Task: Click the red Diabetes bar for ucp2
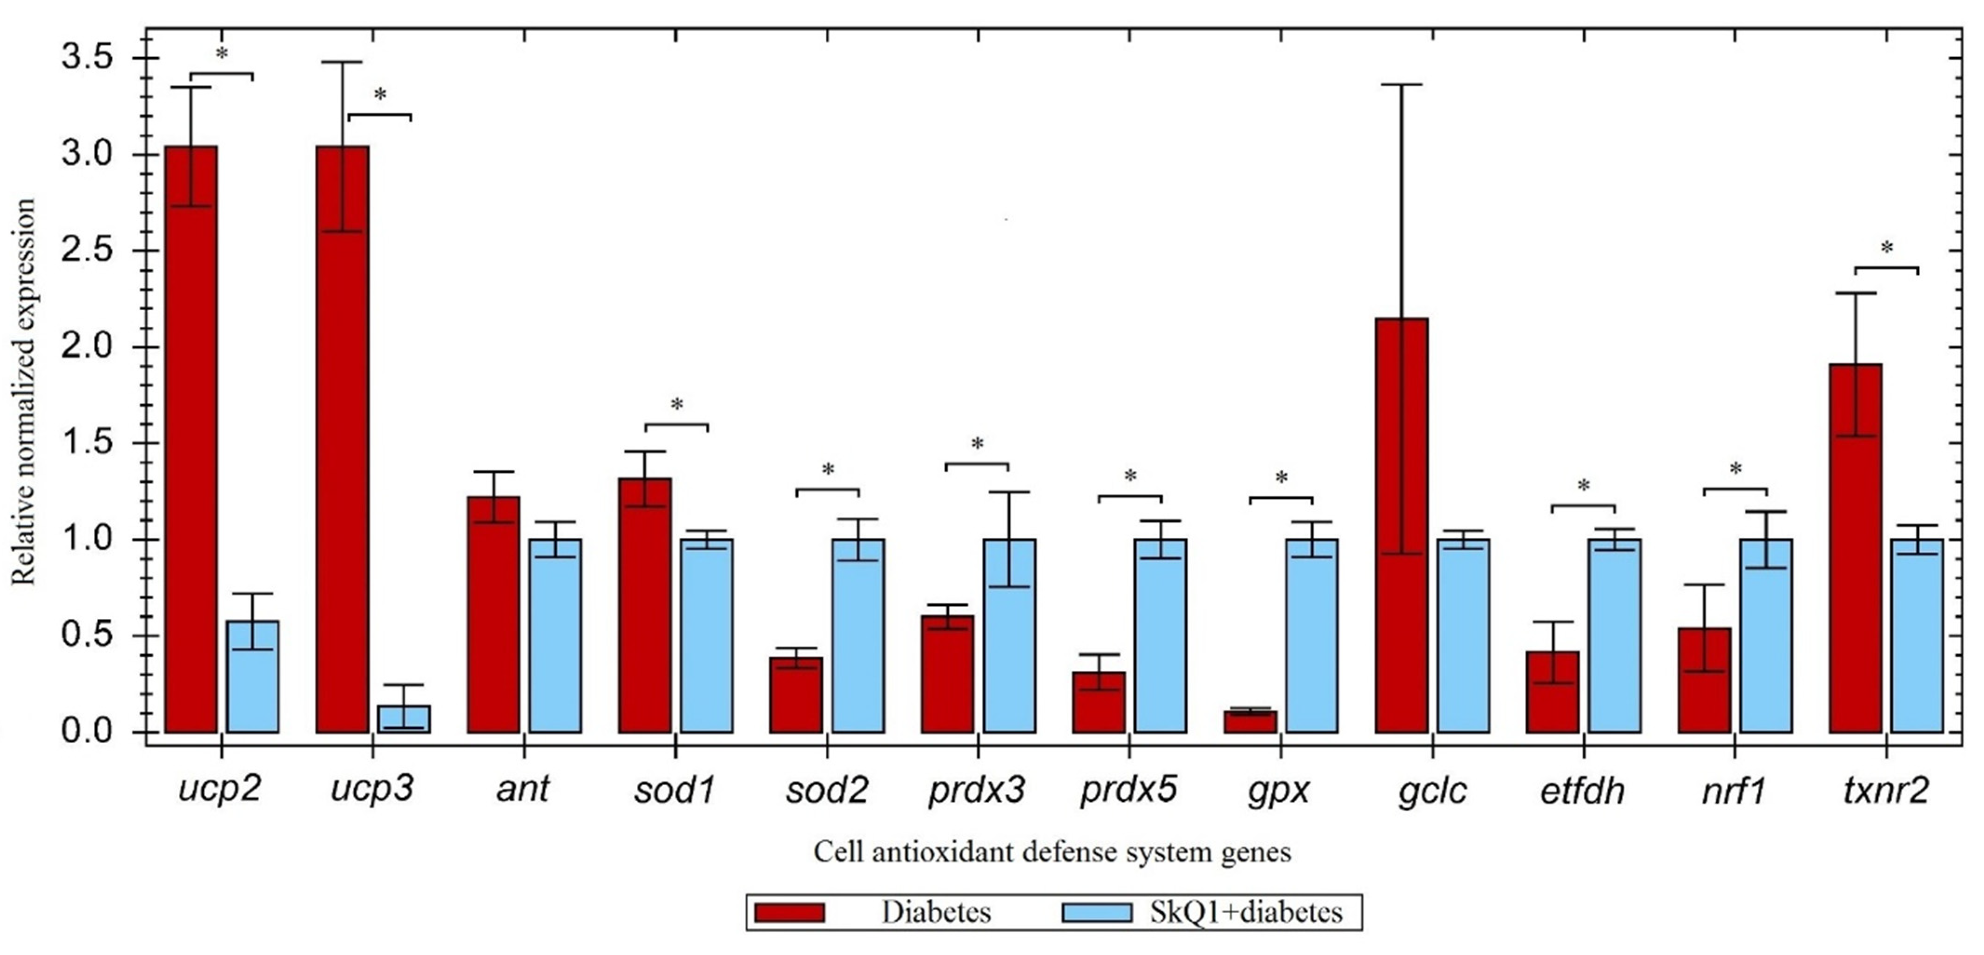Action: tap(191, 439)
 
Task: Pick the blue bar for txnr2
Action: tap(1917, 636)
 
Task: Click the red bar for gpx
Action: tap(1250, 722)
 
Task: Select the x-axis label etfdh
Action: tap(1582, 790)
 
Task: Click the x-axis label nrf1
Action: tap(1734, 790)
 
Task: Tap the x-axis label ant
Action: tap(523, 789)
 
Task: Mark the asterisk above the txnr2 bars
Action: tap(1886, 249)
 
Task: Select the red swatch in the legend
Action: tap(790, 913)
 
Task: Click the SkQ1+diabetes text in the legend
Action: tap(1245, 913)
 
